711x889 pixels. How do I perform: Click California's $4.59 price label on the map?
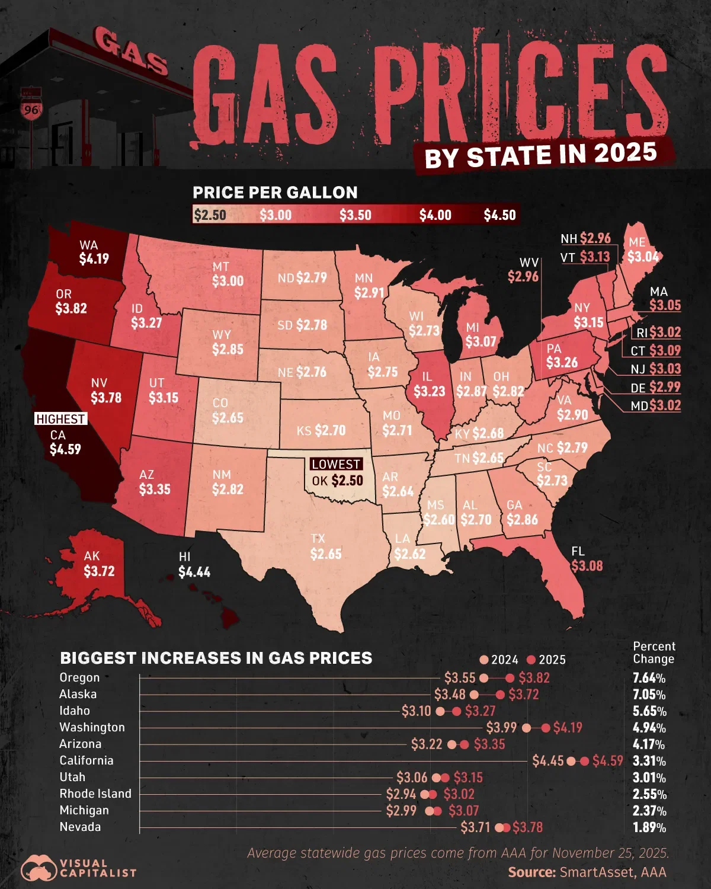pyautogui.click(x=65, y=449)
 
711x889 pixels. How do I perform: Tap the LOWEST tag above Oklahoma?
pyautogui.click(x=336, y=464)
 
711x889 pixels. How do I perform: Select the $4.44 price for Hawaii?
pyautogui.click(x=194, y=572)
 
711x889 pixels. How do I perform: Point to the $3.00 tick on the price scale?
pyautogui.click(x=276, y=215)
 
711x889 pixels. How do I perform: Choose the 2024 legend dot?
pyautogui.click(x=484, y=660)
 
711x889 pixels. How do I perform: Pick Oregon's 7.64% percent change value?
pyautogui.click(x=649, y=678)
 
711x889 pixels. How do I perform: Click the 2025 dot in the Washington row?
pyautogui.click(x=546, y=728)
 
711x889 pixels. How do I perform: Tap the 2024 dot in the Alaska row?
pyautogui.click(x=474, y=695)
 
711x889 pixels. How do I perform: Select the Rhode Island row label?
pyautogui.click(x=95, y=794)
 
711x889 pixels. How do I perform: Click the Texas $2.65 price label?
pyautogui.click(x=326, y=554)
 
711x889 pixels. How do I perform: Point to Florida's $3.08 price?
pyautogui.click(x=587, y=565)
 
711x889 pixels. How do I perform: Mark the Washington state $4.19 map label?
pyautogui.click(x=94, y=258)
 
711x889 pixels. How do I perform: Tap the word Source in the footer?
pyautogui.click(x=531, y=872)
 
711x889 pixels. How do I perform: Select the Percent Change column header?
pyautogui.click(x=654, y=653)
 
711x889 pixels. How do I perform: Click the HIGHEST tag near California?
pyautogui.click(x=60, y=419)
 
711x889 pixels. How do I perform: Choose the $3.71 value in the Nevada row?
pyautogui.click(x=475, y=827)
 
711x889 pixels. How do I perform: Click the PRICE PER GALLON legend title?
pyautogui.click(x=275, y=193)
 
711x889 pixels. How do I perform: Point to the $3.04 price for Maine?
pyautogui.click(x=643, y=257)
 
